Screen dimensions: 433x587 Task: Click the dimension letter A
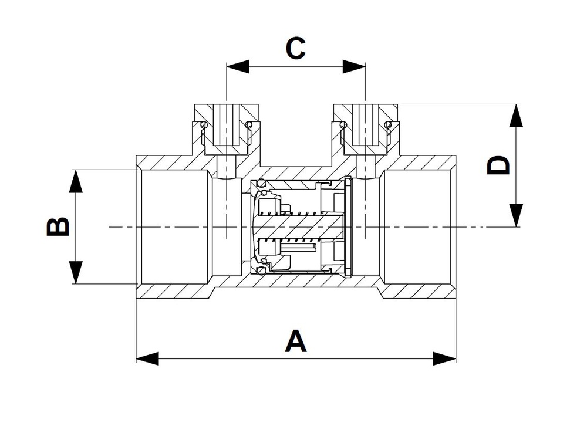tap(296, 341)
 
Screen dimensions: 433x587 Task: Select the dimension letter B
tap(58, 227)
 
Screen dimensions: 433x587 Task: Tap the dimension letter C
tap(296, 49)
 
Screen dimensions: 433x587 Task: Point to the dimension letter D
tap(500, 165)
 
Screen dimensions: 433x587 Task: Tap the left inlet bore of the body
tap(174, 227)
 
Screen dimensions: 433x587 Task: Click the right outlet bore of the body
tap(418, 227)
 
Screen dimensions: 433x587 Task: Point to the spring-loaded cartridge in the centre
tap(299, 227)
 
